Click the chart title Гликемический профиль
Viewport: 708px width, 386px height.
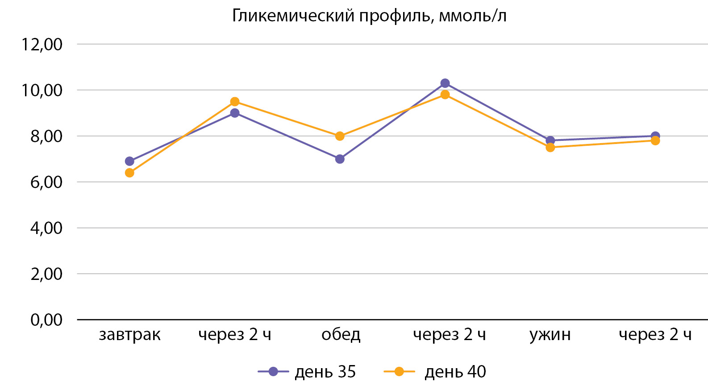click(369, 16)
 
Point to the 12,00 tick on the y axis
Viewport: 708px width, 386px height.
click(42, 44)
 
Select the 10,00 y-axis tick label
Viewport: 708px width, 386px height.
click(42, 90)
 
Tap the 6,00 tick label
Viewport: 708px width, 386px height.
click(46, 182)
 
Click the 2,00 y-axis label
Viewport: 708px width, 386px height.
click(46, 274)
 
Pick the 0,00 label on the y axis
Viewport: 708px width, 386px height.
click(46, 320)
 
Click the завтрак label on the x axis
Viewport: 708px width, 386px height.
click(129, 335)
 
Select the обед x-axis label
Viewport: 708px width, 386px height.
click(341, 335)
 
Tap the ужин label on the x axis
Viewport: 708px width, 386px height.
click(550, 335)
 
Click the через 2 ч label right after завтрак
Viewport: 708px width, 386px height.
click(235, 335)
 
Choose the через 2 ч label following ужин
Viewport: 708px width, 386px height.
click(655, 335)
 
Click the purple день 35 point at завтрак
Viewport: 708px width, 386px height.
click(129, 161)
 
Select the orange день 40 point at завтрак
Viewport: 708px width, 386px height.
click(129, 172)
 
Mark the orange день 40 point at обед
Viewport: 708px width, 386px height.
click(340, 136)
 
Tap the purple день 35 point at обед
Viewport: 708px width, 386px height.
click(340, 159)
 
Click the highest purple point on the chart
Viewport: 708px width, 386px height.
click(445, 83)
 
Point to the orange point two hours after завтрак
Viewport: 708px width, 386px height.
click(235, 102)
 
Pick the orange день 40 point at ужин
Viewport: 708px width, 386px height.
click(550, 148)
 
